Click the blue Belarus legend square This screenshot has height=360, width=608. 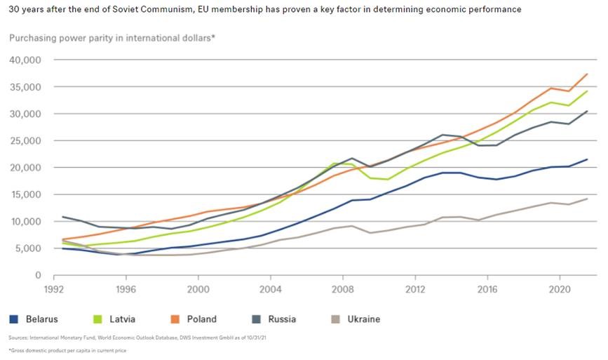(13, 319)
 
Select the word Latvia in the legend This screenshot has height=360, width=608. (123, 319)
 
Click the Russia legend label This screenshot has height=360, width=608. (281, 319)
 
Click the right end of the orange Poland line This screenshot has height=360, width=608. (587, 74)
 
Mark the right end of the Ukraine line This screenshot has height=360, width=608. (587, 199)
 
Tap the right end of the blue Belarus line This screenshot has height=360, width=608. (587, 159)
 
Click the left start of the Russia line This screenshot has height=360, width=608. (63, 217)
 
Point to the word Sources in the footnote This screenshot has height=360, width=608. (18, 338)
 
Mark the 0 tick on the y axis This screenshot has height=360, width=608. (39, 275)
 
